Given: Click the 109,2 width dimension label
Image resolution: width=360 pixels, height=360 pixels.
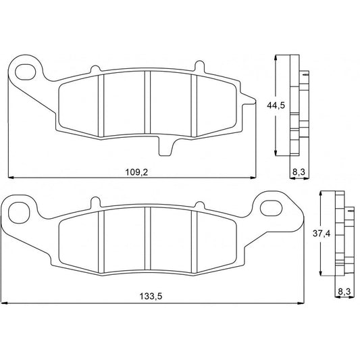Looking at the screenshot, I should [137, 172].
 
